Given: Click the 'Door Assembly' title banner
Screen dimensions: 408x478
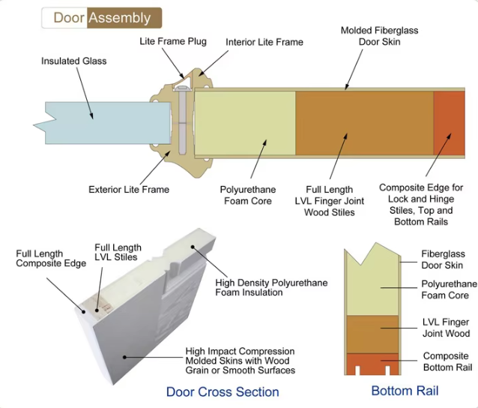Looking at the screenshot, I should pyautogui.click(x=101, y=17).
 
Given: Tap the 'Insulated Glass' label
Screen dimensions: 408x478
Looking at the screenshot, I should pyautogui.click(x=73, y=61).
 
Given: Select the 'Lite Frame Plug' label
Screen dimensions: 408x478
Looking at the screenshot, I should pyautogui.click(x=173, y=41).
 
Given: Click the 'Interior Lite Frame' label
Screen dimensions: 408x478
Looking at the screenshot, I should pyautogui.click(x=264, y=42).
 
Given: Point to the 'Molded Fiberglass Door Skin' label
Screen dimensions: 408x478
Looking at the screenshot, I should pyautogui.click(x=379, y=36).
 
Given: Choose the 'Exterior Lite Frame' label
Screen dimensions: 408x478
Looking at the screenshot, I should pyautogui.click(x=129, y=189).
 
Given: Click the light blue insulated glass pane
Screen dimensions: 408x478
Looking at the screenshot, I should pyautogui.click(x=97, y=121).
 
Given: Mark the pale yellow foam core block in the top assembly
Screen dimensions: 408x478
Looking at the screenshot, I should pyautogui.click(x=244, y=122).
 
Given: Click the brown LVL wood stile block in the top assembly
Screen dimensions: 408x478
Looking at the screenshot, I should pyautogui.click(x=364, y=122).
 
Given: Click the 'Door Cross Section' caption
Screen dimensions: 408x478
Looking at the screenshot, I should pyautogui.click(x=223, y=391).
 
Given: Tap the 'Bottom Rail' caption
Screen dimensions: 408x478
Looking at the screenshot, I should pyautogui.click(x=405, y=391).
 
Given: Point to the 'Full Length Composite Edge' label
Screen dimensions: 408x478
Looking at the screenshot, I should pyautogui.click(x=50, y=259).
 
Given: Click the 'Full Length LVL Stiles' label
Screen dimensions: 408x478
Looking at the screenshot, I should pyautogui.click(x=118, y=252).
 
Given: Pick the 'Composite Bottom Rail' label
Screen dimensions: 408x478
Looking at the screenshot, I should pyautogui.click(x=447, y=361).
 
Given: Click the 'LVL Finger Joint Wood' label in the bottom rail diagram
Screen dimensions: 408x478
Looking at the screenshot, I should pyautogui.click(x=446, y=328).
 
